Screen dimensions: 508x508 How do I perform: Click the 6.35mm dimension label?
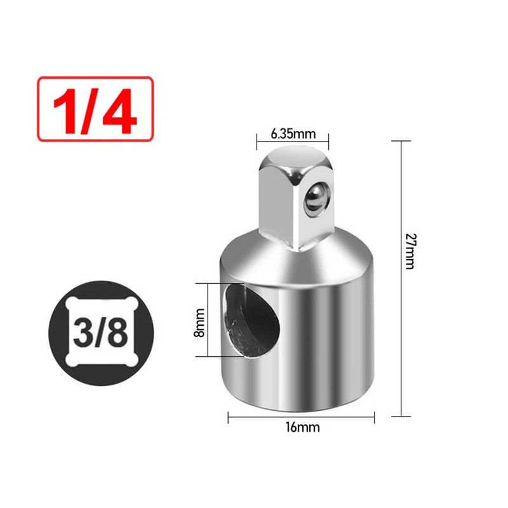point(293,133)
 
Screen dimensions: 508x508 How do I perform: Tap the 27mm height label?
point(410,251)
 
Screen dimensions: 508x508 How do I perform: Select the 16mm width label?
point(303,427)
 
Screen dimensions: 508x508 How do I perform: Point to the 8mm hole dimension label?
point(199,323)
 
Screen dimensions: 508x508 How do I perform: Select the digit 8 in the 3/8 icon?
point(118,333)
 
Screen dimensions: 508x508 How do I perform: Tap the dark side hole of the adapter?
point(251,321)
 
